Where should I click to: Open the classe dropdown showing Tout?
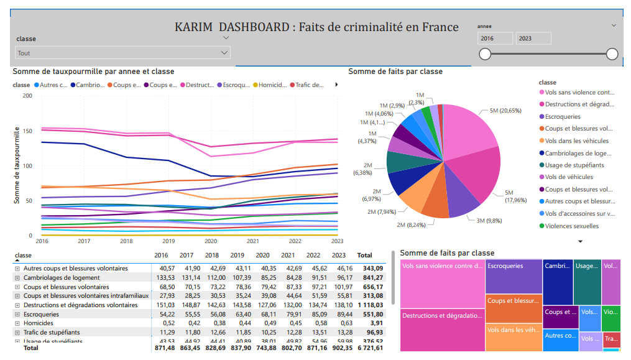(122, 53)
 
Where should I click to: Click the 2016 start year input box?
(495, 39)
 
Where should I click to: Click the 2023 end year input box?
(533, 39)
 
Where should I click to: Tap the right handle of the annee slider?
(612, 54)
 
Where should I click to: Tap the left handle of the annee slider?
(485, 54)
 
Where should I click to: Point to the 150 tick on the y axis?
(27, 131)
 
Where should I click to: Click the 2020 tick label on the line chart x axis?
(211, 241)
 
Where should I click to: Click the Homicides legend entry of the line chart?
(272, 85)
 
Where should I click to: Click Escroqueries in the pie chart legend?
(562, 116)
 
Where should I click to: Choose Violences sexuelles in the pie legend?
(571, 226)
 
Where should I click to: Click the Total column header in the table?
(364, 255)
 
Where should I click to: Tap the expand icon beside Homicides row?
(17, 323)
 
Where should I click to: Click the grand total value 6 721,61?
(369, 348)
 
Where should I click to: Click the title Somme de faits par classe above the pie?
(395, 72)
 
